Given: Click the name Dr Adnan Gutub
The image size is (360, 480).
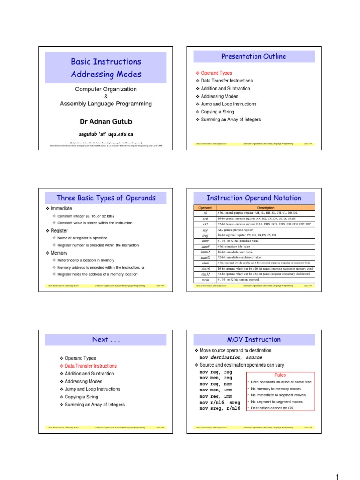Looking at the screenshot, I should (x=105, y=122).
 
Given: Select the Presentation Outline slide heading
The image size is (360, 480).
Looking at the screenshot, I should (x=254, y=56).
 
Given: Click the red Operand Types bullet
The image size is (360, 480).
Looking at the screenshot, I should (x=216, y=73).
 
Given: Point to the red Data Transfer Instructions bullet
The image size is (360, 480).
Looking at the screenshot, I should (x=90, y=366).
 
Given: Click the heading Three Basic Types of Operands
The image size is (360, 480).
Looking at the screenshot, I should (x=105, y=198).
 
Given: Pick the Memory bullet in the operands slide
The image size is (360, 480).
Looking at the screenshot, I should (x=59, y=253).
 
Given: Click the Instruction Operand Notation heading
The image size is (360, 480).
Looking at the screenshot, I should (x=254, y=198).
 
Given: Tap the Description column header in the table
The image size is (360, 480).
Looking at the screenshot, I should (x=266, y=208).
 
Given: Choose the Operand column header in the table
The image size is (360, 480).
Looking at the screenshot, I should (x=205, y=208).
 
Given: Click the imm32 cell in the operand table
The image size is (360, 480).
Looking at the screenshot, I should (x=205, y=258).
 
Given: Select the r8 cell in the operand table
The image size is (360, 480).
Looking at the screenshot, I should (x=205, y=213).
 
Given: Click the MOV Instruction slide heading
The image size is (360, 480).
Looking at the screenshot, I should (x=254, y=339).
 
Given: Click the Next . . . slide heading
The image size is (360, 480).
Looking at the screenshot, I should (x=105, y=339).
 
